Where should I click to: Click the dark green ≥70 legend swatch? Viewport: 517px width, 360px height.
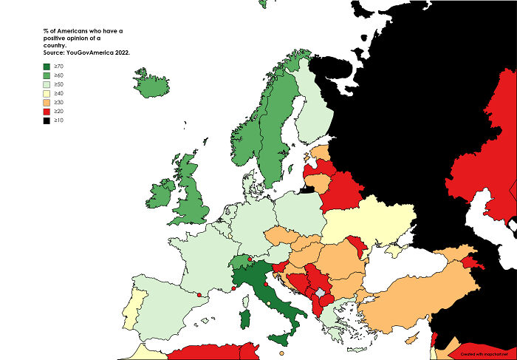[x=46, y=66]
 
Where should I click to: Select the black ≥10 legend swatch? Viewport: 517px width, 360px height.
[x=46, y=120]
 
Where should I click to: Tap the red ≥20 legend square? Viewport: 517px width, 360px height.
[x=46, y=111]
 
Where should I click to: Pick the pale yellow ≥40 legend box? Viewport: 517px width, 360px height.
[x=46, y=93]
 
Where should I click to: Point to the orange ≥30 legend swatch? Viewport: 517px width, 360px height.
[x=46, y=102]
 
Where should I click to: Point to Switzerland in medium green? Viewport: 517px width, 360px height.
[x=240, y=262]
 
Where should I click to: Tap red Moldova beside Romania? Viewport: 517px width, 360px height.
[x=359, y=248]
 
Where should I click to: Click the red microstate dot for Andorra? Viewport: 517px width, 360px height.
[x=199, y=295]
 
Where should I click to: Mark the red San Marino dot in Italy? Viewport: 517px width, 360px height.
[x=264, y=283]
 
